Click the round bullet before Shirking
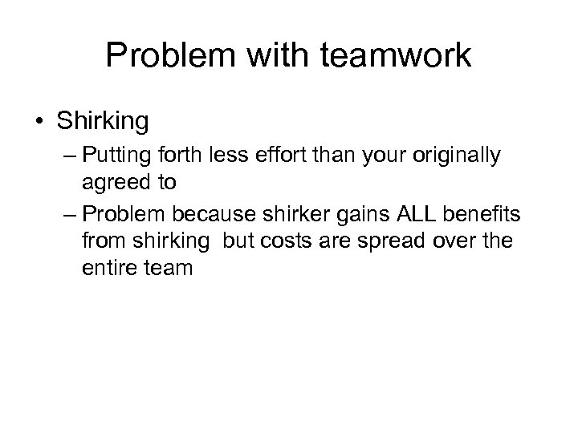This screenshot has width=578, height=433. pos(41,121)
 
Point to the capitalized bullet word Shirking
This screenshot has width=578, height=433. pos(102,122)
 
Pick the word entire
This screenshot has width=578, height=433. pos(109,267)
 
